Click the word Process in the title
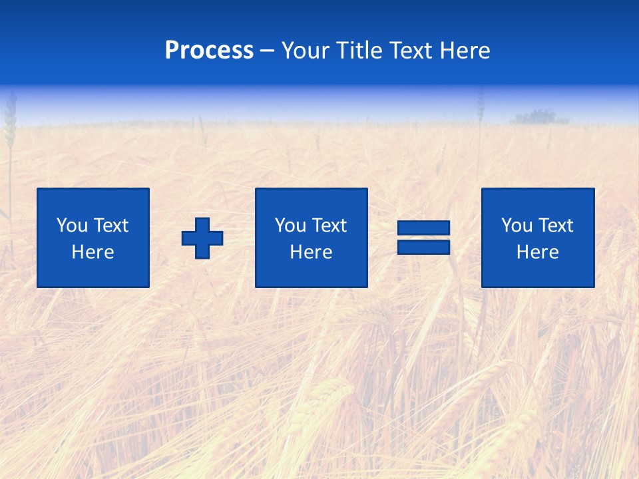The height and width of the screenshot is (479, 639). (209, 51)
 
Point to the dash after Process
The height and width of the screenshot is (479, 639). (268, 51)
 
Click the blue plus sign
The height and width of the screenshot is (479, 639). (202, 238)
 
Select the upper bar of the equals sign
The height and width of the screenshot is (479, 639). (423, 228)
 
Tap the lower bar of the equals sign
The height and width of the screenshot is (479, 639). (423, 247)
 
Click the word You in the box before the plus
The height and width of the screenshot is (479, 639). (72, 226)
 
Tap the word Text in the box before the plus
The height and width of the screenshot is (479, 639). (110, 226)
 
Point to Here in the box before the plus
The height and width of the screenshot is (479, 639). (93, 252)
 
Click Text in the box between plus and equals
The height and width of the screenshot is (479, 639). (328, 226)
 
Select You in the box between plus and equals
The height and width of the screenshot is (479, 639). (290, 226)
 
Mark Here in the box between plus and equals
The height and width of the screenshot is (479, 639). (311, 252)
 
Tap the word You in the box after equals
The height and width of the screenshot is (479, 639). (517, 226)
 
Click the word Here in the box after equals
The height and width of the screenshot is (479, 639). (537, 252)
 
